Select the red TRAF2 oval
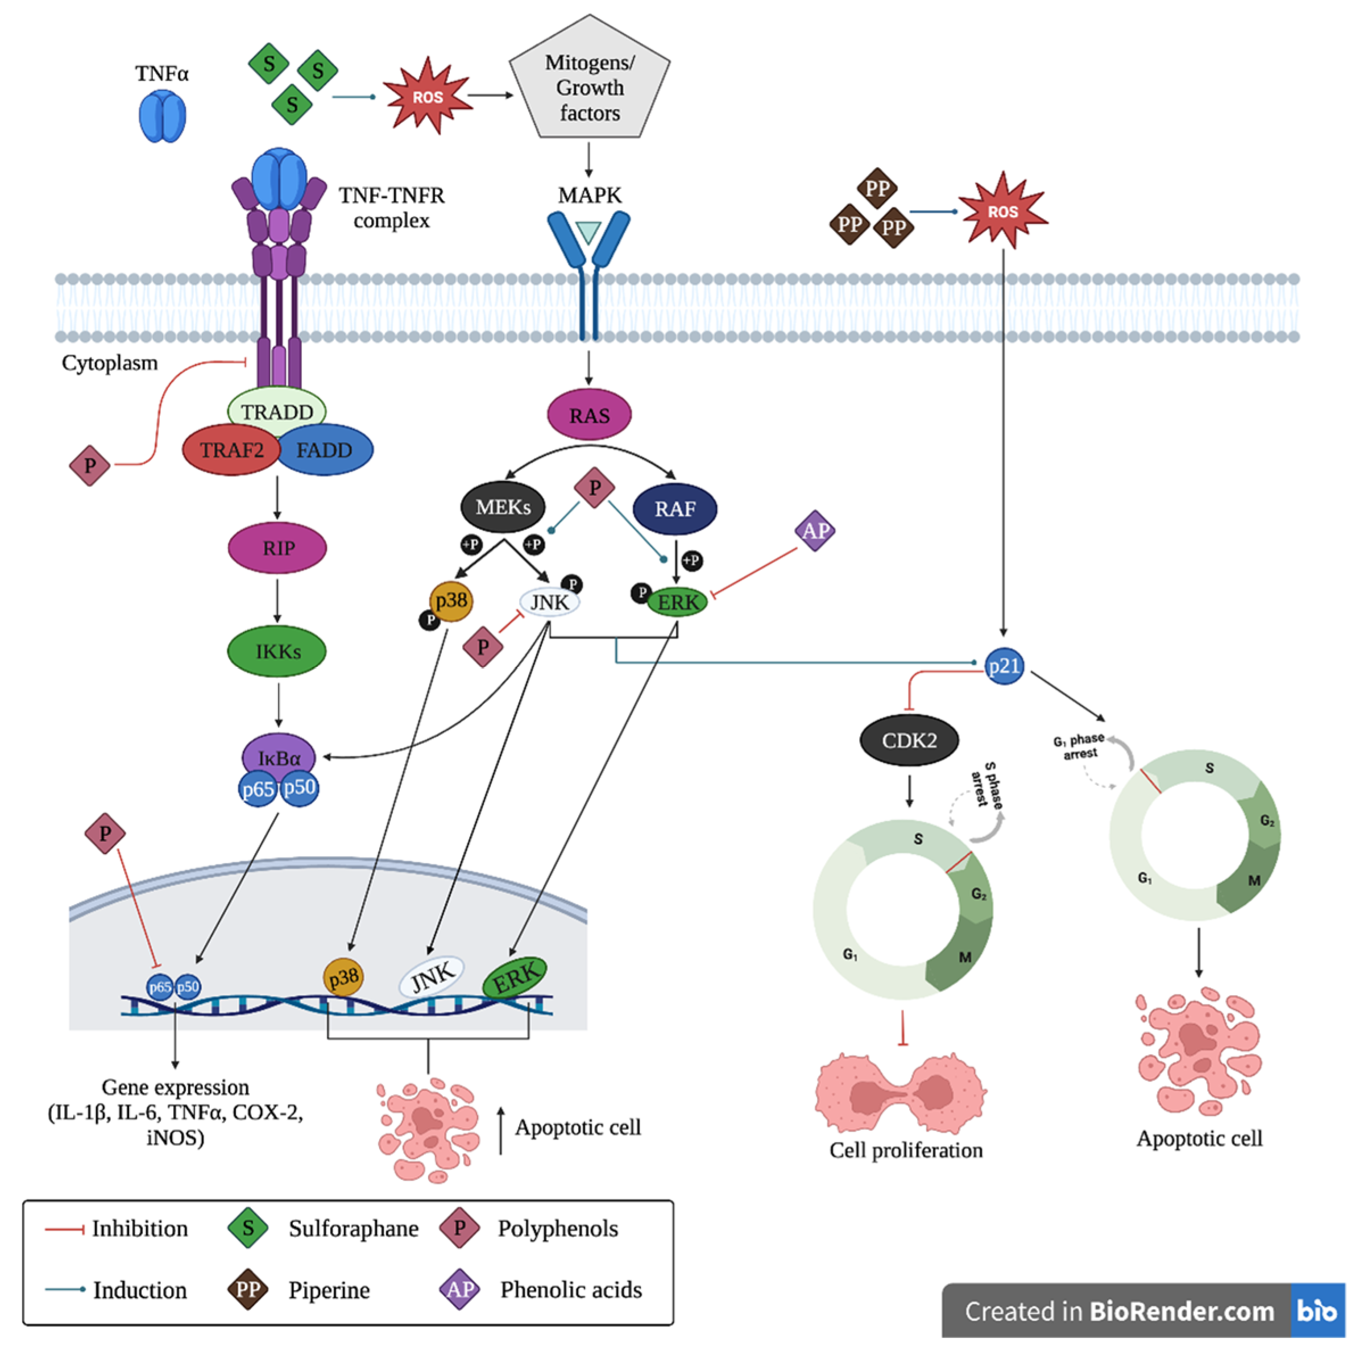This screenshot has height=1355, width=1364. (231, 450)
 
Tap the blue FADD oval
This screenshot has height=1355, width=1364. (325, 450)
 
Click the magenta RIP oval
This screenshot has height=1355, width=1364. (277, 548)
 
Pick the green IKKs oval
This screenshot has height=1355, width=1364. (277, 651)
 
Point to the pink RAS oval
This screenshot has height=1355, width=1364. (590, 415)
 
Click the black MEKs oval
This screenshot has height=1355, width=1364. (503, 507)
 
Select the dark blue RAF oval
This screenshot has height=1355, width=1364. (675, 509)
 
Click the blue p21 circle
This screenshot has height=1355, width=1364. (1004, 666)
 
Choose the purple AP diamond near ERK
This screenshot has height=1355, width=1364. (815, 531)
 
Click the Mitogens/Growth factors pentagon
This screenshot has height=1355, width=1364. (590, 78)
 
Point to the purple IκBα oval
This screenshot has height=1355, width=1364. (278, 757)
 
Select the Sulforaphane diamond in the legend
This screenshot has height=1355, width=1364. (248, 1228)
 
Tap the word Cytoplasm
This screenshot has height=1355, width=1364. (109, 363)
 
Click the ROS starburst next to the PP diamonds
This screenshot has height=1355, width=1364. (1003, 210)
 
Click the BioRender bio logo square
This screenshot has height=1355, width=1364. (1317, 1311)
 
